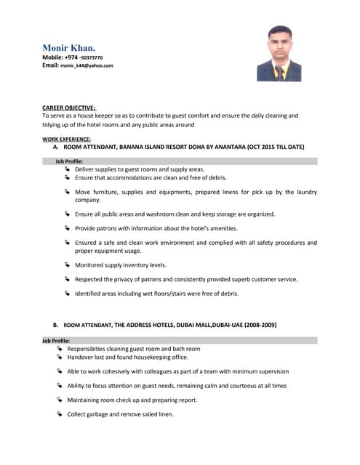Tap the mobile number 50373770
[x=90, y=57]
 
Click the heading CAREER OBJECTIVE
[x=69, y=107]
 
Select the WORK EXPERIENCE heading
[x=66, y=138]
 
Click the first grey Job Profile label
[x=69, y=161]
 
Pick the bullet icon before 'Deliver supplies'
[x=67, y=169]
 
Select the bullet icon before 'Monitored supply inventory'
[x=67, y=265]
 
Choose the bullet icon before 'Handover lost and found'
[x=60, y=357]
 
